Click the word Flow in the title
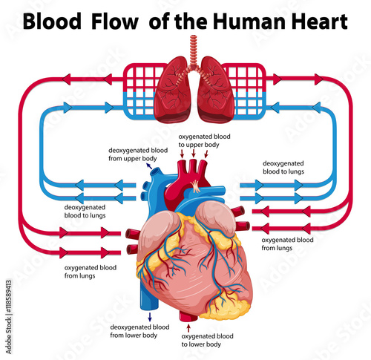pos(114,22)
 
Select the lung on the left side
pos(172,91)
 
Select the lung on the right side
pos(216,91)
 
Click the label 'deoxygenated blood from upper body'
pos(138,154)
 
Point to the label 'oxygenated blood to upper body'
pos(204,140)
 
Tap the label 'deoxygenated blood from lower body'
pos(139,331)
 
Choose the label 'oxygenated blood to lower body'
pos(207,340)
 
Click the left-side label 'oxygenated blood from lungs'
pos(91,272)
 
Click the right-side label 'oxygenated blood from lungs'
pos(287,243)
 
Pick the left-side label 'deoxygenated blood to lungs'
pos(85,212)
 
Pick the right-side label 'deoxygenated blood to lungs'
pos(283,167)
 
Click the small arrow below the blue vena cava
pos(150,317)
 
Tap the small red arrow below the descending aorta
pos(189,328)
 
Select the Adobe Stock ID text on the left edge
pos(9,317)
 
